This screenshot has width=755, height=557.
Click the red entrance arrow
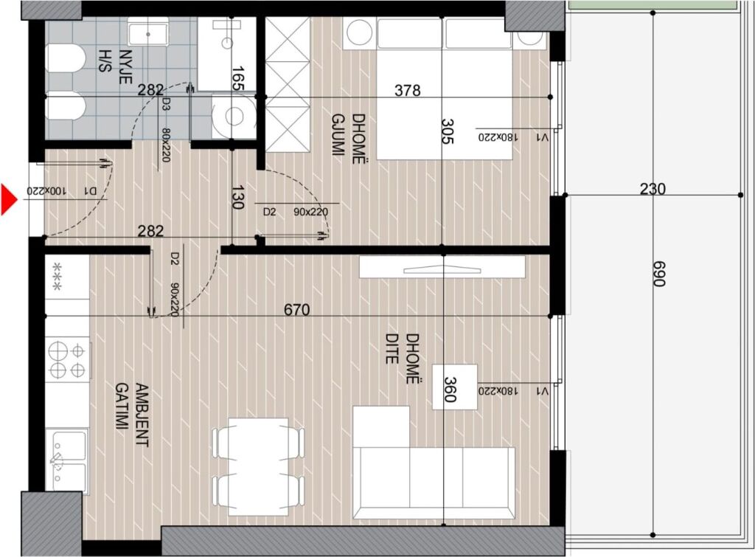tap(9, 198)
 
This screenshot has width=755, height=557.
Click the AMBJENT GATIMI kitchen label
tap(133, 415)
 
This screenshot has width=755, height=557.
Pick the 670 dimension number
tap(296, 309)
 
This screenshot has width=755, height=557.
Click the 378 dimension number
tap(407, 90)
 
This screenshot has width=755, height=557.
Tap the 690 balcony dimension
tap(659, 274)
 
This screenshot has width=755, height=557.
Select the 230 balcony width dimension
tap(653, 188)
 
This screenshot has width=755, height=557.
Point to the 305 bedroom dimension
tap(448, 131)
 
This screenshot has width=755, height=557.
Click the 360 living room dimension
tap(449, 390)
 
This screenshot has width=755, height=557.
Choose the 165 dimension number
tap(238, 79)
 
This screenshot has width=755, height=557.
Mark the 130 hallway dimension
tap(237, 197)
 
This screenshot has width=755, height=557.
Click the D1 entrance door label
tap(90, 191)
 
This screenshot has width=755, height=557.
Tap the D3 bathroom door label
tap(167, 105)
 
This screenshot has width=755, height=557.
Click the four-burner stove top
tap(68, 359)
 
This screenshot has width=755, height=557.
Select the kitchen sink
tap(68, 460)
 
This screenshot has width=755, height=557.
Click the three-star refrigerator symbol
tap(58, 277)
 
